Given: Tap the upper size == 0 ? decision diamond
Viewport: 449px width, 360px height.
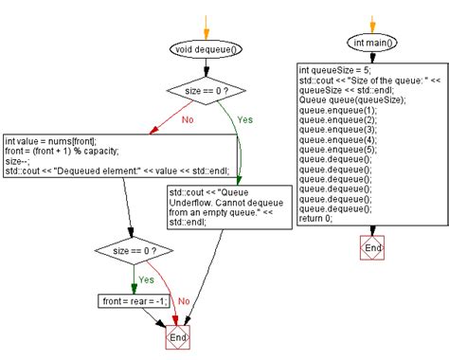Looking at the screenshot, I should pos(206,92).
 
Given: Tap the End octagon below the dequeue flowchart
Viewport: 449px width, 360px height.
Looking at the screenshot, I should pos(177,337).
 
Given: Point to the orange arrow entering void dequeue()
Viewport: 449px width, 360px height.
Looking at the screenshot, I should pos(206,24).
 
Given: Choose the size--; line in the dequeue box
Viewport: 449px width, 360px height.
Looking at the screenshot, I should pos(18,160).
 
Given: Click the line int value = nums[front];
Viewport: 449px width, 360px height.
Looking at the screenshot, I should pos(50,139).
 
